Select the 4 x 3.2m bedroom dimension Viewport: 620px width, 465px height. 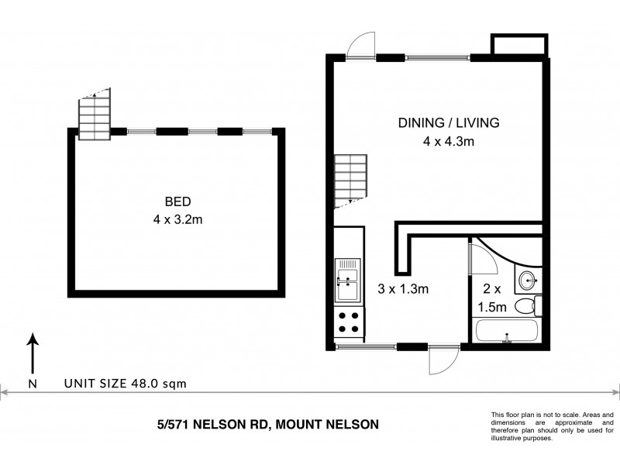178,219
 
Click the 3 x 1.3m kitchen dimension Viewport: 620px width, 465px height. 403,288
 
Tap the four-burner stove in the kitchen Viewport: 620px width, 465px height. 348,322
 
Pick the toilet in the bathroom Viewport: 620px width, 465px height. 527,306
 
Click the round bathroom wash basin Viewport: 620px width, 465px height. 529,279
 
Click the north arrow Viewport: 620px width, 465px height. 32,356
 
